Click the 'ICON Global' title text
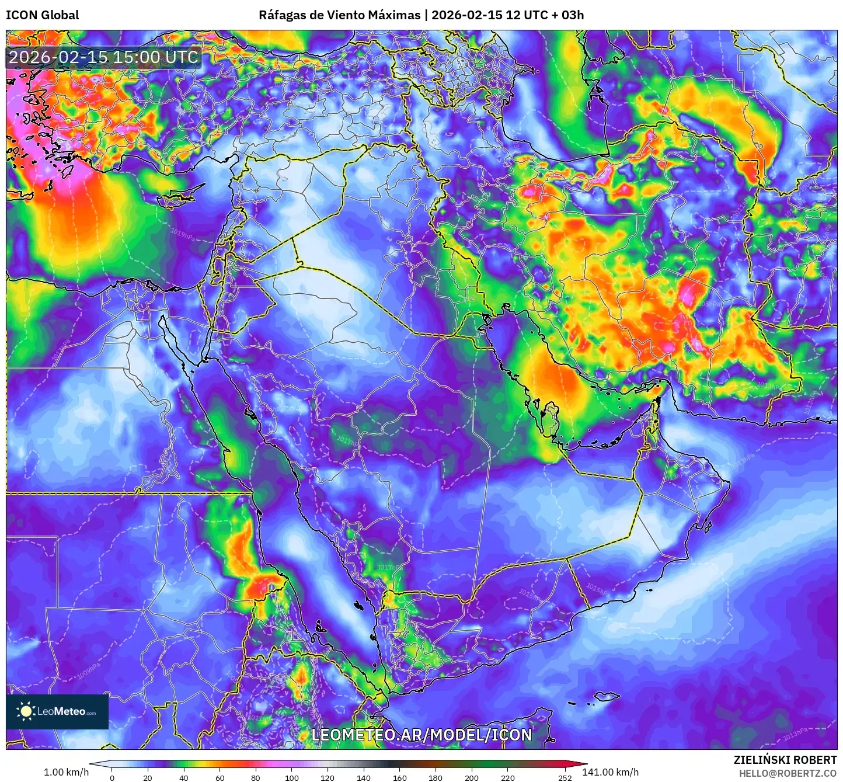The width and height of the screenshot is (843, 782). pos(42,15)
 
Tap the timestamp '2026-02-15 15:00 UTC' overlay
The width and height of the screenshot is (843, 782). pos(103,57)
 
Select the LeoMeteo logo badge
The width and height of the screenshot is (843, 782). pos(57,711)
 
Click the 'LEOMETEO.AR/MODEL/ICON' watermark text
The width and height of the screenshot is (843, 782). pos(421,735)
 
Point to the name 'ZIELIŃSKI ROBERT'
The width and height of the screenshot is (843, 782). pos(785,760)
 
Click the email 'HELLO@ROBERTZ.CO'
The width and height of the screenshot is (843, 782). pos(788,773)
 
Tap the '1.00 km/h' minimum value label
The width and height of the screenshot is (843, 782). pos(66,772)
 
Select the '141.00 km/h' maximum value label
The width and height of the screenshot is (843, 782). pos(610,772)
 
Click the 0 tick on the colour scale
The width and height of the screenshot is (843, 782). pos(112,778)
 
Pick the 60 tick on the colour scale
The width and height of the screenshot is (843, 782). pos(220,778)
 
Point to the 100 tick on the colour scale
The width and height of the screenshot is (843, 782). pos(292,778)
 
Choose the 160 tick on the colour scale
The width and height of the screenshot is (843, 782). pos(400,778)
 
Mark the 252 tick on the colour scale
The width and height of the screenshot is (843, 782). pos(565,778)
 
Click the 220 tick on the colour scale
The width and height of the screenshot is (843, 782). pos(508,778)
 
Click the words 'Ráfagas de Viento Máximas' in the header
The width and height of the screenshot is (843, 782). pos(339,15)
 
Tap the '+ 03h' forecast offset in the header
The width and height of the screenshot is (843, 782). pos(567,15)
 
